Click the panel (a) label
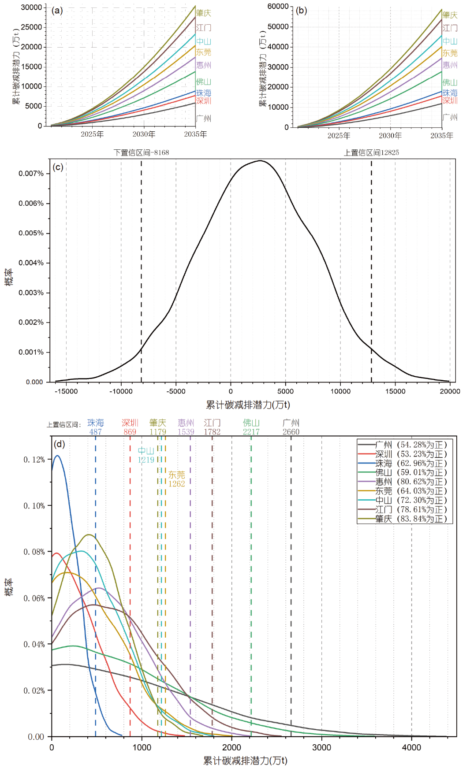[x=57, y=11]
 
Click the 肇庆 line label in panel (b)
[x=450, y=15]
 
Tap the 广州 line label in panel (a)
[x=204, y=119]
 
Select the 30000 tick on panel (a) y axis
[x=31, y=7]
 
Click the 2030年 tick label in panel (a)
[x=144, y=134]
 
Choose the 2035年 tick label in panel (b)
[x=442, y=136]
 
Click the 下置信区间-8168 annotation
[x=141, y=152]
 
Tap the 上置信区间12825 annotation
[x=371, y=152]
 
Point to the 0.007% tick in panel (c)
[x=31, y=174]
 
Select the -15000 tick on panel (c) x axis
[x=67, y=391]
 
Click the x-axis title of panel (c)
[x=248, y=405]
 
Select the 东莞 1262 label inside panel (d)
[x=176, y=479]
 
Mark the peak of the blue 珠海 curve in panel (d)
[x=57, y=456]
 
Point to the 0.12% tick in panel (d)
[x=34, y=460]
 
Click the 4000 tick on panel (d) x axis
[x=411, y=747]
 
